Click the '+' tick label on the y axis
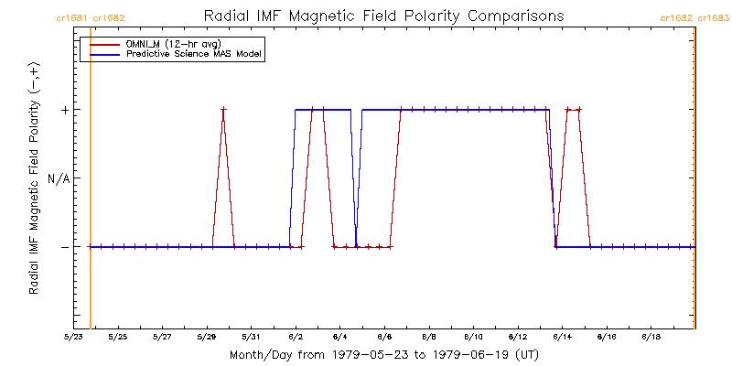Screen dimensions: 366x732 click(65, 110)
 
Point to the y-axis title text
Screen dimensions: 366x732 click(33, 179)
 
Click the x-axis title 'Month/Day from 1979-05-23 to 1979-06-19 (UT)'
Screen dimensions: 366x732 click(383, 353)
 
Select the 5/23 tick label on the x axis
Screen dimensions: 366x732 click(73, 337)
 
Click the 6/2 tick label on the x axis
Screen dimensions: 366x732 click(296, 337)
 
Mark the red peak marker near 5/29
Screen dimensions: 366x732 click(223, 110)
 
